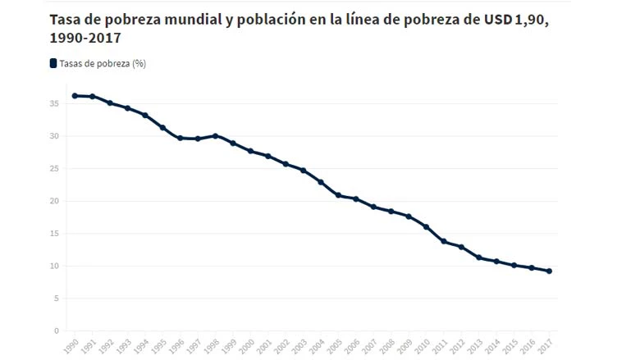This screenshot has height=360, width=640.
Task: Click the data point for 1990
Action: pyautogui.click(x=75, y=96)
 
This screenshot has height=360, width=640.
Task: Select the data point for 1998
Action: pyautogui.click(x=215, y=136)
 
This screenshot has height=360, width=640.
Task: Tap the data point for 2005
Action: pyautogui.click(x=338, y=195)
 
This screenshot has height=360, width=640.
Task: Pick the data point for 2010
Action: pyautogui.click(x=426, y=226)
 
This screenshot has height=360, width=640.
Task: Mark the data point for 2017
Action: pyautogui.click(x=549, y=271)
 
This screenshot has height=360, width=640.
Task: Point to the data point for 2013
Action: pyautogui.click(x=479, y=257)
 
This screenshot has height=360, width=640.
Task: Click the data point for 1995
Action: pyautogui.click(x=162, y=128)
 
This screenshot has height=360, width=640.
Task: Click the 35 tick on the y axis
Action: pyautogui.click(x=53, y=104)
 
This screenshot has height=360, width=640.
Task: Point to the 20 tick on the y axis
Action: pyautogui.click(x=53, y=201)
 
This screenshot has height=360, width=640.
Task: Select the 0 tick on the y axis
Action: pyautogui.click(x=56, y=331)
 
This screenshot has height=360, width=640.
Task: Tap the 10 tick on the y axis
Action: pyautogui.click(x=53, y=267)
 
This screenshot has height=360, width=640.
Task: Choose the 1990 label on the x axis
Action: pyautogui.click(x=72, y=344)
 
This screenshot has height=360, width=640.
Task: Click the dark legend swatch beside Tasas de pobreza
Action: pyautogui.click(x=53, y=63)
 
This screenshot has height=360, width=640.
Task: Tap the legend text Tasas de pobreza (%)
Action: pyautogui.click(x=103, y=63)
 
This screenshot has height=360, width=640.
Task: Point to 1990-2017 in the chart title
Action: pyautogui.click(x=84, y=39)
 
